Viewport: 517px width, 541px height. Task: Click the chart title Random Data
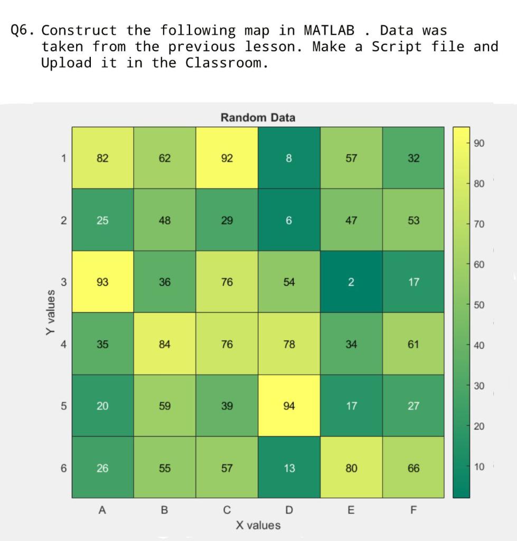258,117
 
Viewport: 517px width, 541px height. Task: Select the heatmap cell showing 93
102,282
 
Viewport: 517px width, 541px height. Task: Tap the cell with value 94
289,406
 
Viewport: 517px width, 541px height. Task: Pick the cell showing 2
351,282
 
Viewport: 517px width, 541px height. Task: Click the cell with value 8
289,158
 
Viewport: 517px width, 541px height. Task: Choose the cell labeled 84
165,344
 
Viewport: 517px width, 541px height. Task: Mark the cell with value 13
289,468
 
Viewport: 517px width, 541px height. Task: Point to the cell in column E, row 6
351,468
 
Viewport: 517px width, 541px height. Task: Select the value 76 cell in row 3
227,282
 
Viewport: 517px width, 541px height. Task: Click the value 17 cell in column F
413,282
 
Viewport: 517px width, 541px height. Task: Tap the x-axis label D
289,510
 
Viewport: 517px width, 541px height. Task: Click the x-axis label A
102,510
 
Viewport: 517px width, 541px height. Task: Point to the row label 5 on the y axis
63,406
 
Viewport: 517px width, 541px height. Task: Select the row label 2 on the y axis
63,221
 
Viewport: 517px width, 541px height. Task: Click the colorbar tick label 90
478,144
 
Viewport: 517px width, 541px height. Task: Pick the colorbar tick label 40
478,346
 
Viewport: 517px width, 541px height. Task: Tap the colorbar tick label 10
478,467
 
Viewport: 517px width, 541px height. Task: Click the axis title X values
258,525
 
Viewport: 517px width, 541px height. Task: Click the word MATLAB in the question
329,30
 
